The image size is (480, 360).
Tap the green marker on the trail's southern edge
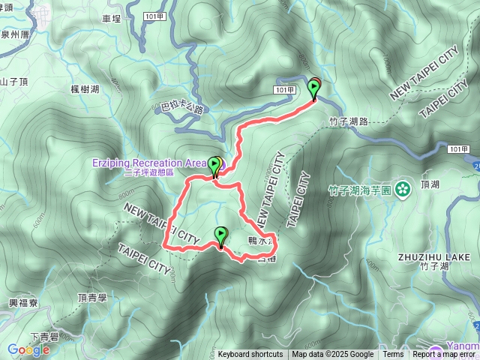[x=220, y=236]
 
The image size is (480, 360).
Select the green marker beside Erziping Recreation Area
[x=214, y=166]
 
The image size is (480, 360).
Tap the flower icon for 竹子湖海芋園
[x=403, y=187]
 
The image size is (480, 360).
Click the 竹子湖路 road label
[x=349, y=120]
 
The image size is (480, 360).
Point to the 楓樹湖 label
[x=84, y=89]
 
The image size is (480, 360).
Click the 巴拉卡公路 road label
[x=182, y=109]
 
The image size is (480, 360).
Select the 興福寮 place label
[x=22, y=303]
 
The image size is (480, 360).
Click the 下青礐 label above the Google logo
[x=44, y=335]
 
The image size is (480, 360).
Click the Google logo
[x=28, y=349]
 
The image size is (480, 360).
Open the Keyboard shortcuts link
[x=250, y=355]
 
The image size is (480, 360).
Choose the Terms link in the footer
[x=393, y=355]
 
